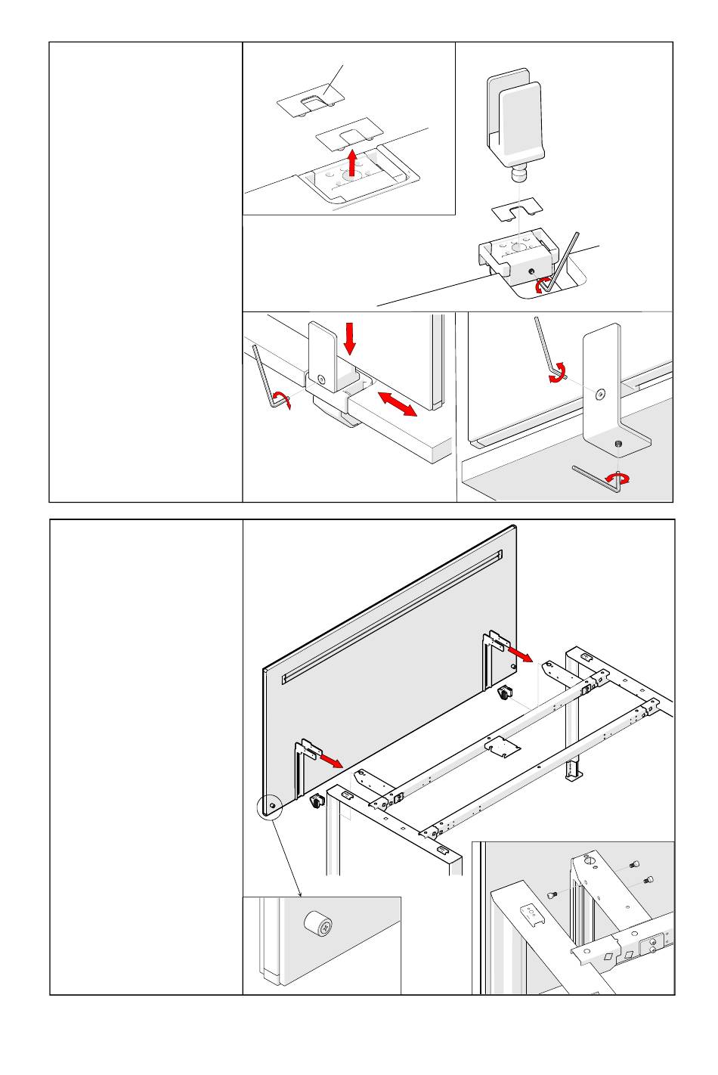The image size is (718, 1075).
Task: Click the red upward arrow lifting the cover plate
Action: click(x=351, y=161)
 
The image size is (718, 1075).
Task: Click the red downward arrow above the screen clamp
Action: click(x=349, y=338)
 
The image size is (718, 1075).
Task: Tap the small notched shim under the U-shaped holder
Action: click(x=515, y=208)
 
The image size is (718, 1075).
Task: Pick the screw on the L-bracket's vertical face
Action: click(x=599, y=393)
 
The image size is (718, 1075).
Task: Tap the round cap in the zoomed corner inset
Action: click(x=318, y=924)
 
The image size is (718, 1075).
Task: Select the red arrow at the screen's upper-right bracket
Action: click(x=520, y=652)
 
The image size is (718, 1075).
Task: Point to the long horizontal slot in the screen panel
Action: click(x=391, y=618)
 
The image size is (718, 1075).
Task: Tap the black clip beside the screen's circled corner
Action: click(x=315, y=803)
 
